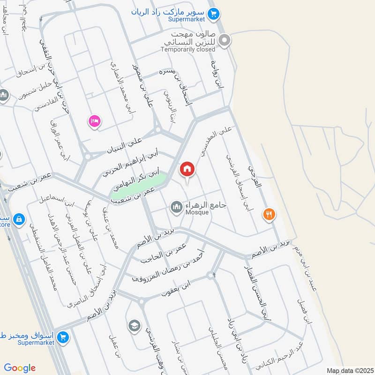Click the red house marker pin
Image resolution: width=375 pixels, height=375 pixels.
[187, 169]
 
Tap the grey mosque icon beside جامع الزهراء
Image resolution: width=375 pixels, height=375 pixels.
[177, 207]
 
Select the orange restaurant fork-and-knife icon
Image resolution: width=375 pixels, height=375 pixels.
[269, 215]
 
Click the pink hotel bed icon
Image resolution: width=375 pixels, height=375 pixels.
[94, 121]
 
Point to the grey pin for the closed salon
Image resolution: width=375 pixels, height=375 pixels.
[225, 41]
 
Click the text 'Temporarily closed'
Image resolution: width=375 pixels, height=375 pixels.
[187, 49]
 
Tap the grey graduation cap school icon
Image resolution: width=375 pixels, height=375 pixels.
[135, 325]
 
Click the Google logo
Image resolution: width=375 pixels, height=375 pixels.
[20, 368]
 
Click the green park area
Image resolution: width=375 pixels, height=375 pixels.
[138, 186]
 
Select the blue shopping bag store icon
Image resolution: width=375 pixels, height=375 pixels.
[19, 219]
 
